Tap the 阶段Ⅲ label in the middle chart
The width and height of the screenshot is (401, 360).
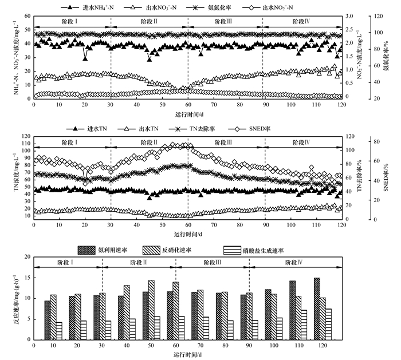point(225,143)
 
